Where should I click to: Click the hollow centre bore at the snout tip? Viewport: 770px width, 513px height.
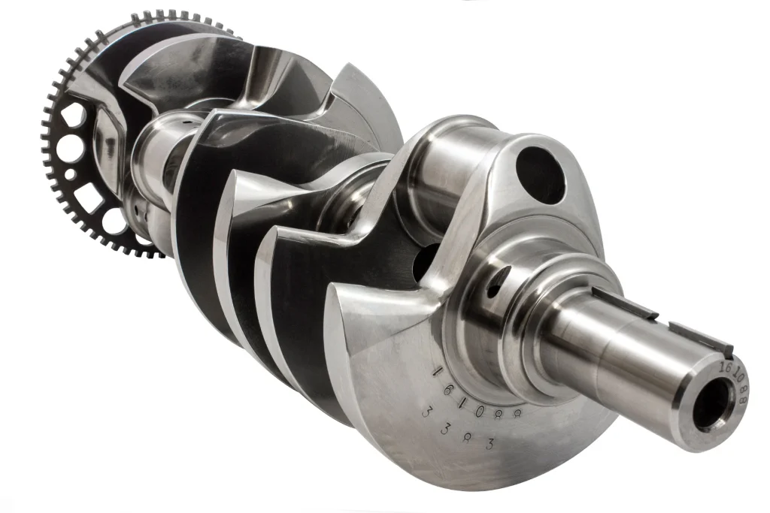(711, 406)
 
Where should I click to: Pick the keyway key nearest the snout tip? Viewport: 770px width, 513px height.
(700, 339)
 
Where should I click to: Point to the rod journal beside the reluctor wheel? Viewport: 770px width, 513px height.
(154, 162)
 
